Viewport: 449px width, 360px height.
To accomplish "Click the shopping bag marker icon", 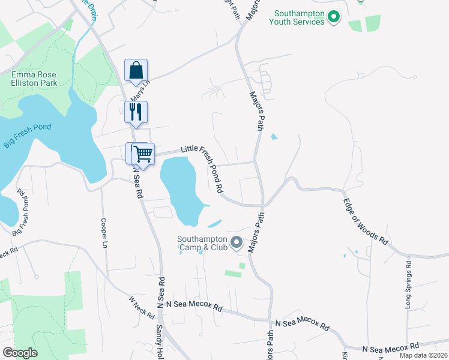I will pyautogui.click(x=136, y=70).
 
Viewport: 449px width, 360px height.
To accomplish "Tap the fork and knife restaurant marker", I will pyautogui.click(x=136, y=112).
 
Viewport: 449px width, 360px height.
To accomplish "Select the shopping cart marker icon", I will pyautogui.click(x=143, y=154).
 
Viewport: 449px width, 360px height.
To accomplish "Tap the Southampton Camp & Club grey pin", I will pyautogui.click(x=237, y=243).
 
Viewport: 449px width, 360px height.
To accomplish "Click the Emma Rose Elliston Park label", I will pyautogui.click(x=34, y=79).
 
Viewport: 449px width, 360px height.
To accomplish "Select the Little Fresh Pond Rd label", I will pyautogui.click(x=204, y=165).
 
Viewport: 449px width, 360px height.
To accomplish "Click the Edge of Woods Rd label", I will pyautogui.click(x=366, y=219).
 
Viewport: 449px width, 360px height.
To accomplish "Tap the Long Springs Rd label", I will pyautogui.click(x=408, y=284).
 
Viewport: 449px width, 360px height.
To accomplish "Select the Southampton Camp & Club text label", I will pyautogui.click(x=202, y=242).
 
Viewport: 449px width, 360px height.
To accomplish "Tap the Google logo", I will pyautogui.click(x=20, y=353).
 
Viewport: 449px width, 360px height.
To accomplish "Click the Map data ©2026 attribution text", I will pyautogui.click(x=424, y=355).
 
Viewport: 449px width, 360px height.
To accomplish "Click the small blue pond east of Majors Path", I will pyautogui.click(x=274, y=137).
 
